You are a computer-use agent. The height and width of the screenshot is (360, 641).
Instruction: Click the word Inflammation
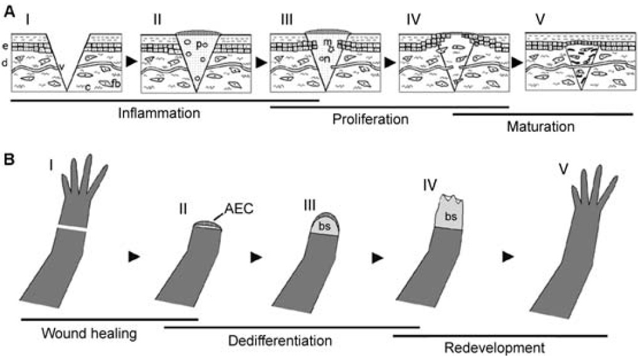(160, 114)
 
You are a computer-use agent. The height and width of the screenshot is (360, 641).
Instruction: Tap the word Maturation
(540, 127)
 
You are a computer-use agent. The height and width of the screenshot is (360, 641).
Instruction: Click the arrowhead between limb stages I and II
(132, 256)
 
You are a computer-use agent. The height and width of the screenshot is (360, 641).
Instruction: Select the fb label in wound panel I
(116, 85)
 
